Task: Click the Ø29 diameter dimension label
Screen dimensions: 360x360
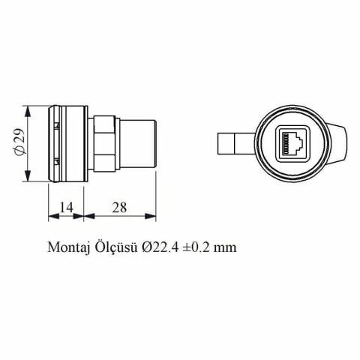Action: click(20, 143)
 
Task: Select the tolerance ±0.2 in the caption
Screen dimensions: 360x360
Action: click(196, 247)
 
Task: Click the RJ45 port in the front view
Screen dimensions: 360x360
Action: click(289, 143)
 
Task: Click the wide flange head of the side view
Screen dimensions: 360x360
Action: click(67, 143)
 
